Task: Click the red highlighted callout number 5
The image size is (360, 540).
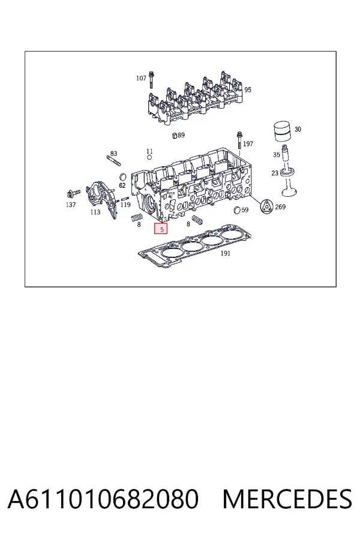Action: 161,229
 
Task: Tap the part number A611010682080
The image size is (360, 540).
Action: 103,499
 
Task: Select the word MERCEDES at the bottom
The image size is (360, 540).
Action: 287,499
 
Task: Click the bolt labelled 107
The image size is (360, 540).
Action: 152,80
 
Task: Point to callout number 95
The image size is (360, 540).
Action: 248,89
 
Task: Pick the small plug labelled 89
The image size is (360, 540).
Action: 175,135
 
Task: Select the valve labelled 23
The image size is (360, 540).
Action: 289,181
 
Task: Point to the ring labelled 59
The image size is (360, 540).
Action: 236,210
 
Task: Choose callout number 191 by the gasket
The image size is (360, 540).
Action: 225,253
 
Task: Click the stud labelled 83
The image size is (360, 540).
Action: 113,161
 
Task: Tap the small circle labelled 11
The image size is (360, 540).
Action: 149,157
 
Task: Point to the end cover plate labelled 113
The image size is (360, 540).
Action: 101,199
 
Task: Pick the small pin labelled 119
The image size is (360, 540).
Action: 125,199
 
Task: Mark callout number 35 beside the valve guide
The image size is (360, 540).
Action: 276,155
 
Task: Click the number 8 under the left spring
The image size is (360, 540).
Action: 139,224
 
